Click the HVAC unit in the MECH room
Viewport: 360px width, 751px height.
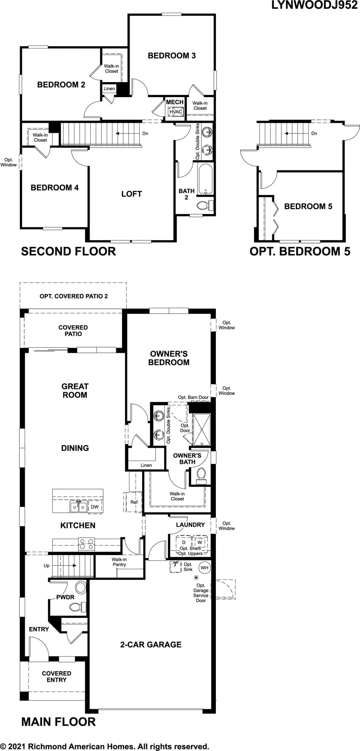[175, 112]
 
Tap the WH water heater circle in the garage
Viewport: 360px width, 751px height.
[205, 568]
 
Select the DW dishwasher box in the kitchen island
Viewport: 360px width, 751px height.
[95, 507]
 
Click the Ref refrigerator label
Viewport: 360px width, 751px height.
[134, 502]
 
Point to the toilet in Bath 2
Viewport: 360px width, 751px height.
[205, 205]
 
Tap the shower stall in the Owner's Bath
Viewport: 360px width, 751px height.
[202, 430]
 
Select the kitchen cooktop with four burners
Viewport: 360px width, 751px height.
[86, 544]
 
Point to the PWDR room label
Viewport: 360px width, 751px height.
[65, 597]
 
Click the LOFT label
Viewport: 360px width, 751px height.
[131, 194]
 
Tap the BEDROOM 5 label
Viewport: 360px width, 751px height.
[308, 206]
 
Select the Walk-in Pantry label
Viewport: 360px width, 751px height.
[119, 562]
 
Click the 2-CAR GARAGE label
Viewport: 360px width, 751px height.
[151, 645]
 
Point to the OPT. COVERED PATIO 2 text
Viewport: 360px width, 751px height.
[74, 296]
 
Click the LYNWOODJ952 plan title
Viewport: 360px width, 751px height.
[314, 5]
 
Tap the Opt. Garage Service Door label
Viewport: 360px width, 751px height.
[201, 593]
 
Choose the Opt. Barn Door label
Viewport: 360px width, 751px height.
[193, 397]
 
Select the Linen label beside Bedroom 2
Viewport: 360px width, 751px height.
[109, 88]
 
